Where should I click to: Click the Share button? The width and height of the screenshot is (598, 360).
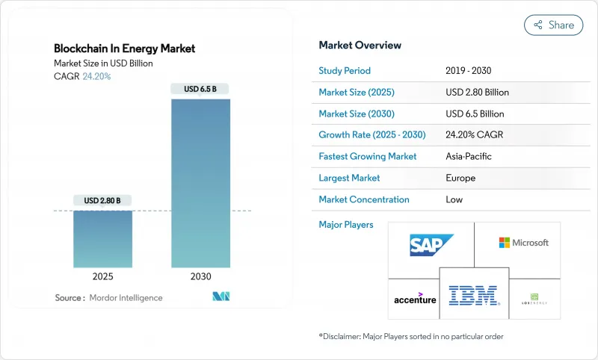(x=554, y=25)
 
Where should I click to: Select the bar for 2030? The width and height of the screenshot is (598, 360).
(x=201, y=183)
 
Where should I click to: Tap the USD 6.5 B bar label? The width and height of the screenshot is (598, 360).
(x=201, y=90)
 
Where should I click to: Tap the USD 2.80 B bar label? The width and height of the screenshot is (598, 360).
(x=102, y=200)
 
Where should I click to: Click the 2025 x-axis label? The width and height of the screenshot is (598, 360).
(x=102, y=276)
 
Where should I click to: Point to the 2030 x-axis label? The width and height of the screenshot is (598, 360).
(x=201, y=276)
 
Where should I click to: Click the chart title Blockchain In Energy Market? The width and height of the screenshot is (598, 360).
(x=124, y=49)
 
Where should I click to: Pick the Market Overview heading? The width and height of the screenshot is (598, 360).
(x=360, y=45)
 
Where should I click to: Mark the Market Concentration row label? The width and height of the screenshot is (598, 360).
(x=364, y=199)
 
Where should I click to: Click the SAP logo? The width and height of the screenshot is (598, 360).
(x=431, y=244)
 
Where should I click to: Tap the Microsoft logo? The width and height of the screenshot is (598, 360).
(x=523, y=243)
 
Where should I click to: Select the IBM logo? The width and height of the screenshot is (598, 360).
(x=474, y=296)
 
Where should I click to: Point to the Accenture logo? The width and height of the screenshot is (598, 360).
(x=415, y=298)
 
